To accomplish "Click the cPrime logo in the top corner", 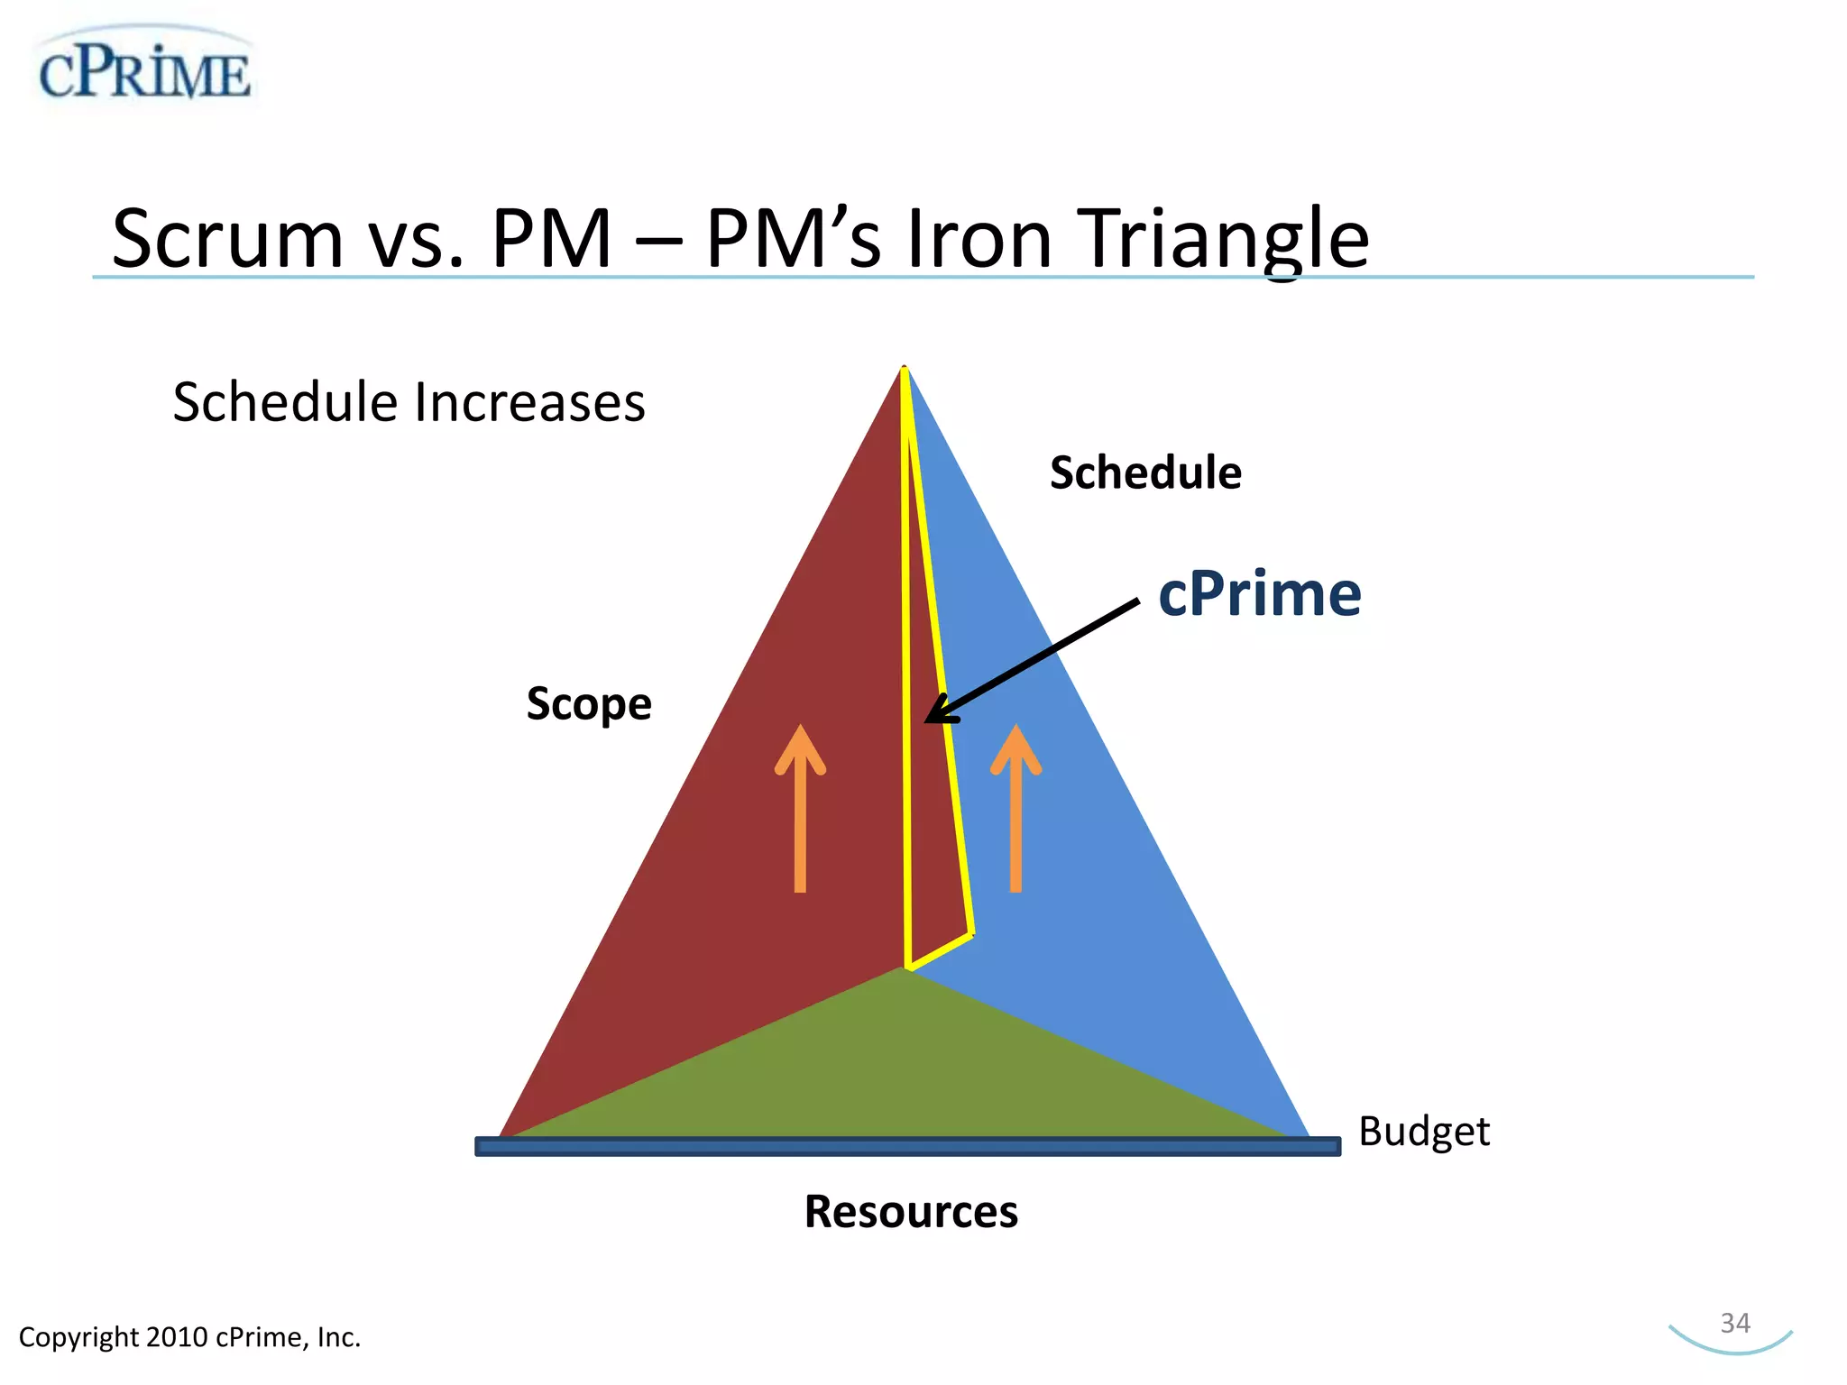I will [144, 70].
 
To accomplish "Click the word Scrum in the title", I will [227, 239].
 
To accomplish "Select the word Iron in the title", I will [979, 239].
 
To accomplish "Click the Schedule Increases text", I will [409, 402].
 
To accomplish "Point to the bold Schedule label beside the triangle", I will [1145, 472].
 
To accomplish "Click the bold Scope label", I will [589, 704].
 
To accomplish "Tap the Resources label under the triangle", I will [911, 1211].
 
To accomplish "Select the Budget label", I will [1424, 1132].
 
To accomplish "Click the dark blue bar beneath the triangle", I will [907, 1146].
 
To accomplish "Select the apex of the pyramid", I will [905, 371].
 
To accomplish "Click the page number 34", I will [1735, 1323].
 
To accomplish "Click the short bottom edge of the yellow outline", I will [941, 952].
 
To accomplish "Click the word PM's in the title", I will [793, 239].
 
